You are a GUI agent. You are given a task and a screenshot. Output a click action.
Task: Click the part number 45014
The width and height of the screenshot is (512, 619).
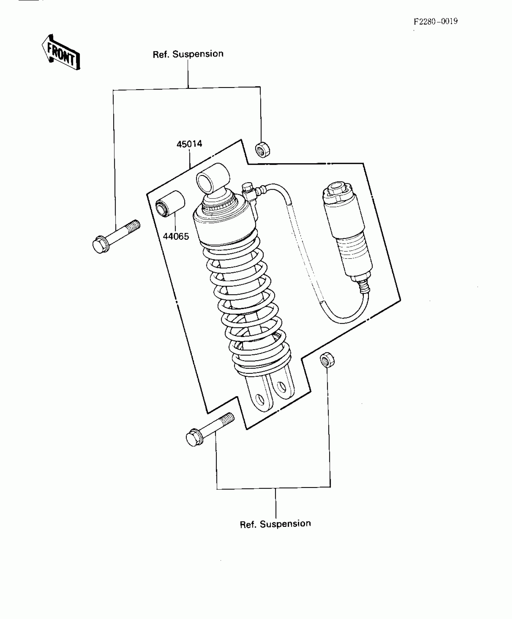point(189,144)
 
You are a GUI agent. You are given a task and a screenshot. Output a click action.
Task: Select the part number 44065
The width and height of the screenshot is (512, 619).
point(176,236)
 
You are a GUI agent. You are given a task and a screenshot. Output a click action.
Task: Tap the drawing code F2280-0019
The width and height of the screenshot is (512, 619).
point(436,22)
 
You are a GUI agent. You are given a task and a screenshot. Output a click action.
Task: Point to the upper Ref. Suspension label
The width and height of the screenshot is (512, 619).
point(188,54)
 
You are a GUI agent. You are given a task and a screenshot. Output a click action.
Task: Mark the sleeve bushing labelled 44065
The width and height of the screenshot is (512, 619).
point(170,203)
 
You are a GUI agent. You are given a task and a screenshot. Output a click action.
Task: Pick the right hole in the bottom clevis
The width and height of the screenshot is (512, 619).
point(282,386)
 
